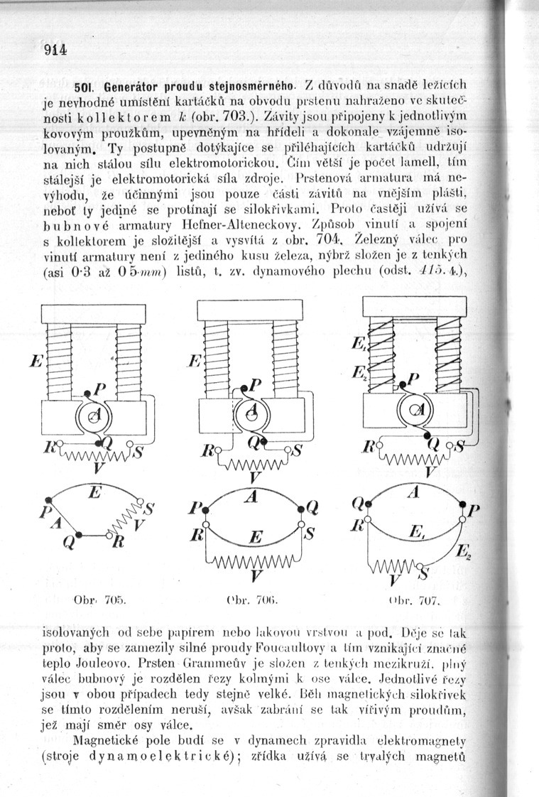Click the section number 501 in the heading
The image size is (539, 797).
(x=85, y=87)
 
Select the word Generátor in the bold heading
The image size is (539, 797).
(x=124, y=87)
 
